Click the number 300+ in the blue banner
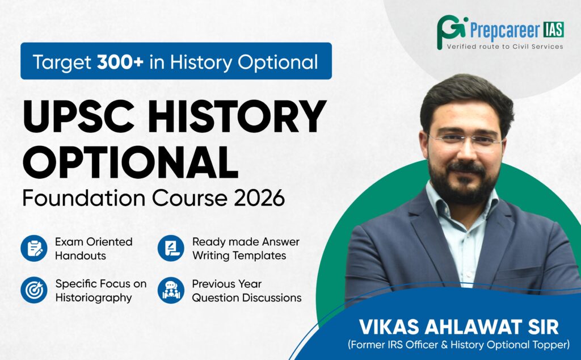tap(120, 62)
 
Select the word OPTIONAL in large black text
tap(130, 162)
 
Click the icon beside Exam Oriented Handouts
tap(34, 248)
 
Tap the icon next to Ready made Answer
tap(171, 248)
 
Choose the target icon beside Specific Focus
tap(34, 290)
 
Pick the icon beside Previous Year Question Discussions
tap(171, 290)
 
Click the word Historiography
tap(94, 298)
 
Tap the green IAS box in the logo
tap(554, 30)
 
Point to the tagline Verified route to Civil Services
tap(505, 47)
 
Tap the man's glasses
tap(465, 141)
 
